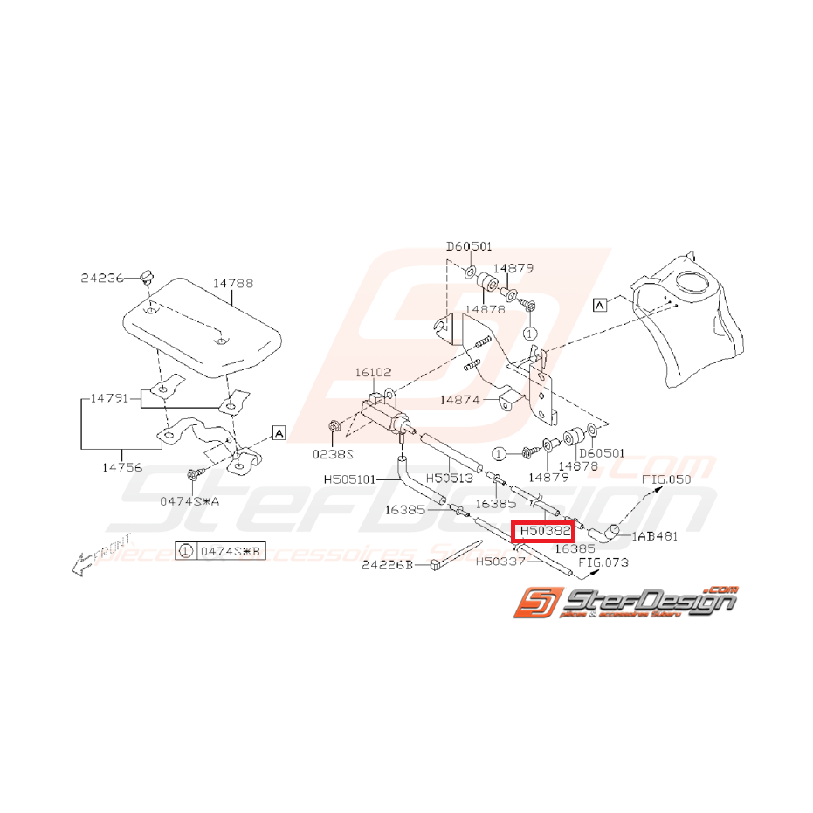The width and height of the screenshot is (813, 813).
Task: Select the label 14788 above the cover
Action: [x=233, y=283]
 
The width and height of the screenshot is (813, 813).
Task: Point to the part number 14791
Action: [x=110, y=398]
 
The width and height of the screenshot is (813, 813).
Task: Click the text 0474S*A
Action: [x=190, y=500]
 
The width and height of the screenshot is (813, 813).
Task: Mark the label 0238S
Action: [x=332, y=453]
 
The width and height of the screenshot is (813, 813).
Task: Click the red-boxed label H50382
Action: [x=544, y=530]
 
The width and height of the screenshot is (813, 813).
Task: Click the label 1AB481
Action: [x=655, y=535]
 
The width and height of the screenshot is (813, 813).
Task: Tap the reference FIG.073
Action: [x=603, y=562]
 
